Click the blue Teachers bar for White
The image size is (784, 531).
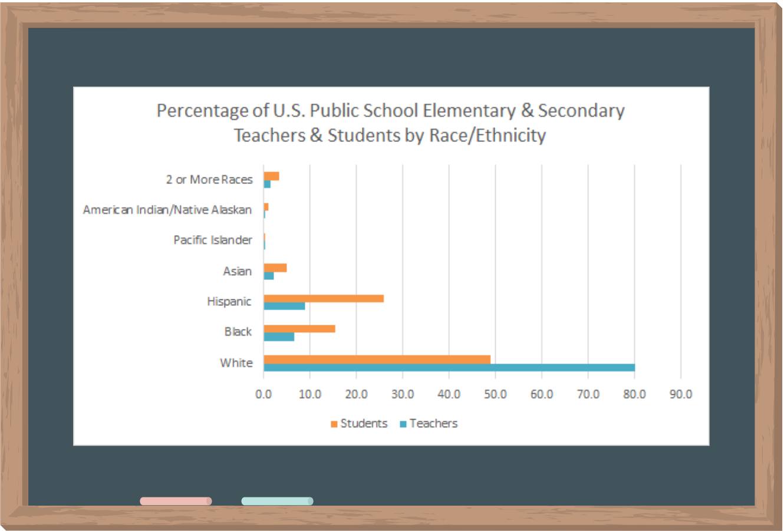tap(449, 368)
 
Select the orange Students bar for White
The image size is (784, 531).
tap(377, 360)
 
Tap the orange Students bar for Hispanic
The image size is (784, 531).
tap(324, 298)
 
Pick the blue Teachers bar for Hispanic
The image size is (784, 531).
tap(284, 306)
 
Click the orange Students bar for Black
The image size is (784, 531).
tap(299, 329)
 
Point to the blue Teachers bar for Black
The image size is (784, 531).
tap(279, 337)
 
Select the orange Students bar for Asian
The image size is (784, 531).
tap(275, 268)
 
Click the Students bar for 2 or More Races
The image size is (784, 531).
tap(271, 176)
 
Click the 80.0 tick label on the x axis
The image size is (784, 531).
tap(634, 394)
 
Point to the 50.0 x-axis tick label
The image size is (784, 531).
tap(495, 394)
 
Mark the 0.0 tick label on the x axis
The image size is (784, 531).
tap(263, 394)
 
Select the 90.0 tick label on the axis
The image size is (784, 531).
tap(681, 394)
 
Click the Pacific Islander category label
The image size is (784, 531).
tap(213, 240)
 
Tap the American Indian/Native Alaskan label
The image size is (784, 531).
tap(167, 210)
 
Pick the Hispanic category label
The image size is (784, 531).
tap(229, 301)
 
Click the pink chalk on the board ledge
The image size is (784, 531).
tap(176, 501)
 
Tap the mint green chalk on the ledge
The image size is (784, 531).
tap(277, 501)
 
